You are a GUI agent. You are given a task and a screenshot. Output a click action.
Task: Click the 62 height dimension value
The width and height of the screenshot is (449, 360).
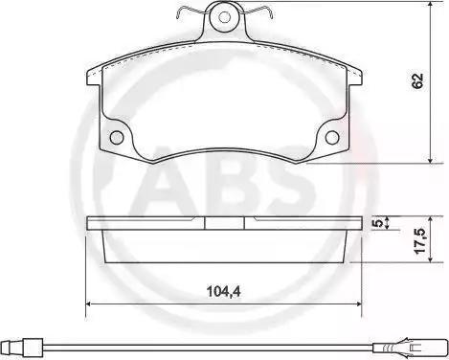coord(417,81)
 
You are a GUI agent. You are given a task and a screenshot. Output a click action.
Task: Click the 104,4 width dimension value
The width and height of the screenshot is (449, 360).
coord(223,291)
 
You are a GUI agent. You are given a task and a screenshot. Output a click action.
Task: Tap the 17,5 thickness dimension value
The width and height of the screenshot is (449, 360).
coord(421,241)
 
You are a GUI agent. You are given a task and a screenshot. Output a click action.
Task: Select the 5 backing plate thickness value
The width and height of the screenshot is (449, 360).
coord(378,223)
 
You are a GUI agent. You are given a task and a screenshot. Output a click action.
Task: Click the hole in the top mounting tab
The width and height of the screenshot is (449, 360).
coord(225,17)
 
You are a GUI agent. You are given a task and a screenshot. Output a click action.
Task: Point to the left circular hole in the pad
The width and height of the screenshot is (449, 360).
coord(116,137)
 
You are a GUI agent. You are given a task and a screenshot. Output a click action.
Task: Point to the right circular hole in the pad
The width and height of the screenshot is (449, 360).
coord(332,137)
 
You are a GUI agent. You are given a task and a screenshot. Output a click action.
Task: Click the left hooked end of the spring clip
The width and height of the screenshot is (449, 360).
coord(179,13)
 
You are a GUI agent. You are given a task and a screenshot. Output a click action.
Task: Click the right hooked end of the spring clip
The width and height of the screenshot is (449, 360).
coord(270,12)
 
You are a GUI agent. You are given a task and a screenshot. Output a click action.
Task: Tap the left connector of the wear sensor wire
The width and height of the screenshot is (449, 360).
coord(22,347)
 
